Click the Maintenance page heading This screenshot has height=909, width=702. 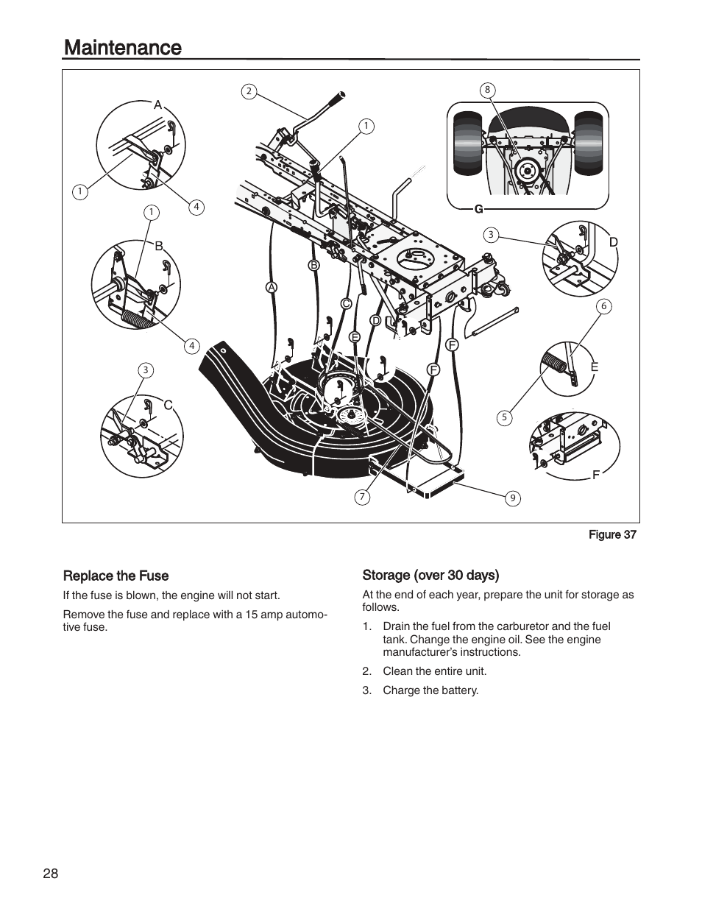pyautogui.click(x=123, y=48)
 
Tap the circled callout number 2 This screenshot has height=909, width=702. pyautogui.click(x=249, y=91)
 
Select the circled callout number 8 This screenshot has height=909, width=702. pyautogui.click(x=486, y=90)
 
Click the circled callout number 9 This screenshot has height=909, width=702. pyautogui.click(x=513, y=498)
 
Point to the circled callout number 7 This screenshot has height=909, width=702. pyautogui.click(x=362, y=497)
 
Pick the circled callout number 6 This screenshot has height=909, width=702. pyautogui.click(x=604, y=306)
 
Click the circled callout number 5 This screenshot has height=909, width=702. pyautogui.click(x=504, y=417)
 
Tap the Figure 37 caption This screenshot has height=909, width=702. pyautogui.click(x=611, y=535)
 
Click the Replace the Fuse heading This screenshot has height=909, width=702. pyautogui.click(x=116, y=576)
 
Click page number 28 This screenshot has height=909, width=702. pyautogui.click(x=50, y=874)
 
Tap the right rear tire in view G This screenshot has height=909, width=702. pyautogui.click(x=588, y=143)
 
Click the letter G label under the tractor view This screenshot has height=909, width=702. pyautogui.click(x=478, y=209)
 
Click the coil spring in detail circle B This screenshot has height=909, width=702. pyautogui.click(x=137, y=319)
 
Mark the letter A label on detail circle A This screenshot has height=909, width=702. pyautogui.click(x=157, y=105)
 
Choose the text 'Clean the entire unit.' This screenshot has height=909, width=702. pyautogui.click(x=434, y=671)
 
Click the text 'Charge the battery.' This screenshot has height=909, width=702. pyautogui.click(x=430, y=690)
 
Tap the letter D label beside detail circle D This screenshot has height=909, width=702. pyautogui.click(x=612, y=242)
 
